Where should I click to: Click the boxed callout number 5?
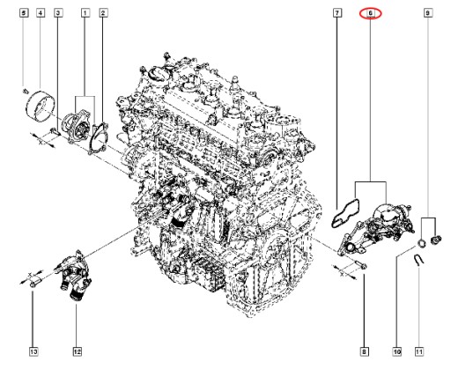coord(24,13)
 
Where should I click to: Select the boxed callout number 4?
coord(41,13)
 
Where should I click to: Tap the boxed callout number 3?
coord(58,13)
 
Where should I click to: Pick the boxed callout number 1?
coord(85,13)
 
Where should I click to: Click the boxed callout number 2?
coord(103,13)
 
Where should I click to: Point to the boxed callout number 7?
coord(337,13)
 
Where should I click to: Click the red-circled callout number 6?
coord(371,13)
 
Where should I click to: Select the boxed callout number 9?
coord(428,13)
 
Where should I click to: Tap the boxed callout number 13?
coord(33,351)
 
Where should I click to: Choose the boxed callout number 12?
coord(77,351)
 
